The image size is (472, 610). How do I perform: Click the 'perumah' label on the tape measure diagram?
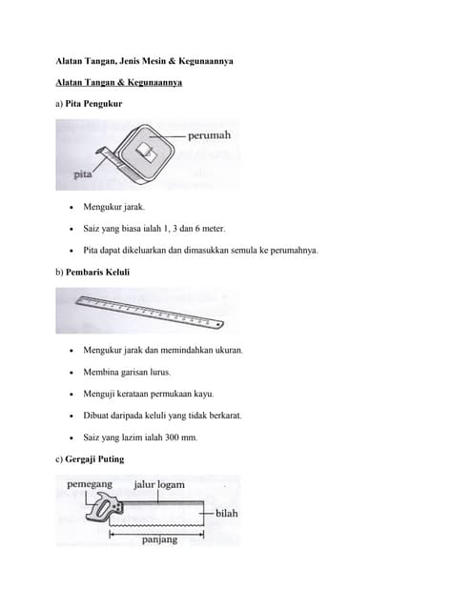tap(210, 135)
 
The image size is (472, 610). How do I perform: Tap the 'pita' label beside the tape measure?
tap(83, 174)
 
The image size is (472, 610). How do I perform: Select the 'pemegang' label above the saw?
tap(90, 484)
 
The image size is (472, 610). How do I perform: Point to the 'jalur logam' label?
tap(159, 485)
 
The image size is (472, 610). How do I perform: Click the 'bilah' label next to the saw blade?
tap(227, 514)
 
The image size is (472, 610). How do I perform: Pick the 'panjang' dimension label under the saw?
tap(159, 540)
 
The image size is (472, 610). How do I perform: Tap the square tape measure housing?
tap(145, 152)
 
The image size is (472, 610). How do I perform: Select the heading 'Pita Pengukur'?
tap(93, 104)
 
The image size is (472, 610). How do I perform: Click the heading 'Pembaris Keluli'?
tap(97, 272)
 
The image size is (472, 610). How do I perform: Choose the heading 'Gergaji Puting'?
tap(94, 459)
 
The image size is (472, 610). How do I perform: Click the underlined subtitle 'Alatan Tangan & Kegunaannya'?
tap(119, 83)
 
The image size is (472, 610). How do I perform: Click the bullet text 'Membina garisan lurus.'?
tap(127, 373)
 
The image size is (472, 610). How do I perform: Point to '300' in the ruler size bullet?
tap(172, 437)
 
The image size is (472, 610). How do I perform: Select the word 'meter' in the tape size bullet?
tap(214, 229)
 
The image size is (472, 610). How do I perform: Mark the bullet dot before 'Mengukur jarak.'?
tap(72, 208)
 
